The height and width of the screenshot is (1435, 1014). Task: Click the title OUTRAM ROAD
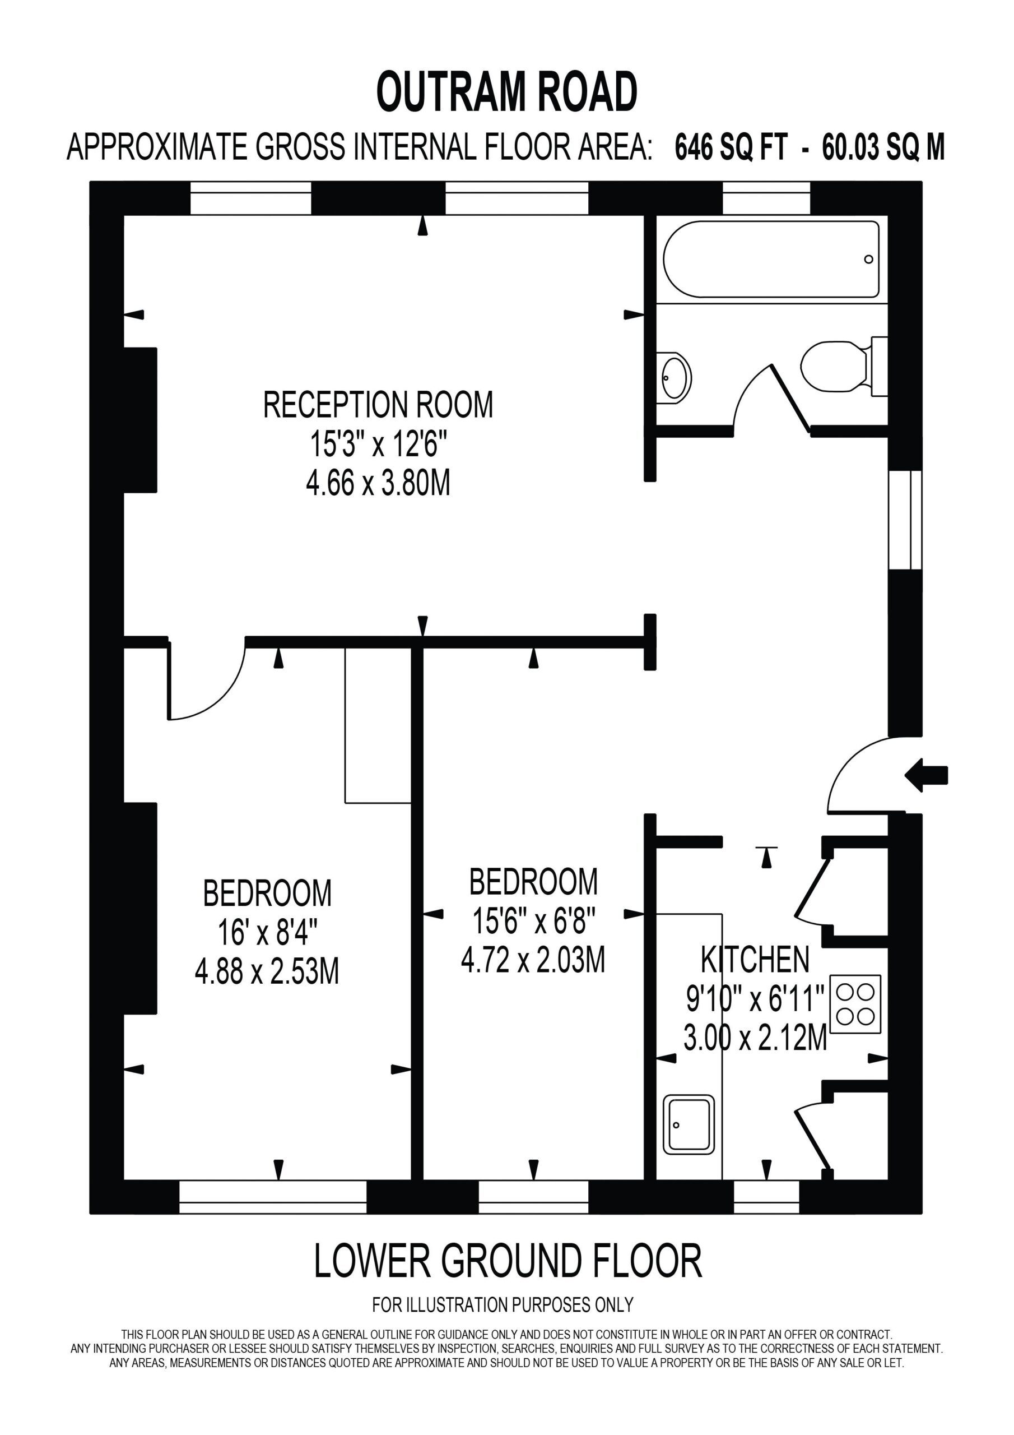coord(506,92)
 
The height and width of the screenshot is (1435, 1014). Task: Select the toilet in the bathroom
coord(844,366)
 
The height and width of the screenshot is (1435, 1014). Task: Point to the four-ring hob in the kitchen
coord(855,1004)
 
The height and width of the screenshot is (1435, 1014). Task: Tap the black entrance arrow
coord(927,776)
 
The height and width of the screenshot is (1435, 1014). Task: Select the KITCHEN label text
coord(755,960)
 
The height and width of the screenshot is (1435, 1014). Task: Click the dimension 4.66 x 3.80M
coord(378,483)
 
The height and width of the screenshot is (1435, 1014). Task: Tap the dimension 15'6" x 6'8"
coord(533,920)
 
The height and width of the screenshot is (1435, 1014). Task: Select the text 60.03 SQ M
coord(883,147)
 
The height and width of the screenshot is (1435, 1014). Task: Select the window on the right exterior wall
coord(905,520)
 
